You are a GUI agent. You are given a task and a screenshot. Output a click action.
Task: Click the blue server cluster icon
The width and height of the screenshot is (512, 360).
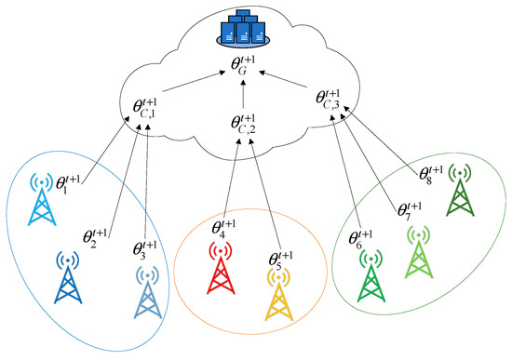242,27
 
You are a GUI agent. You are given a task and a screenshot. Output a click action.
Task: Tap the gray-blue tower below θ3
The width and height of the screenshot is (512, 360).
147,291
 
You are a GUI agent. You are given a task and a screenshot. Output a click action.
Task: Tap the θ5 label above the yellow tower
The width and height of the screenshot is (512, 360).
278,255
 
